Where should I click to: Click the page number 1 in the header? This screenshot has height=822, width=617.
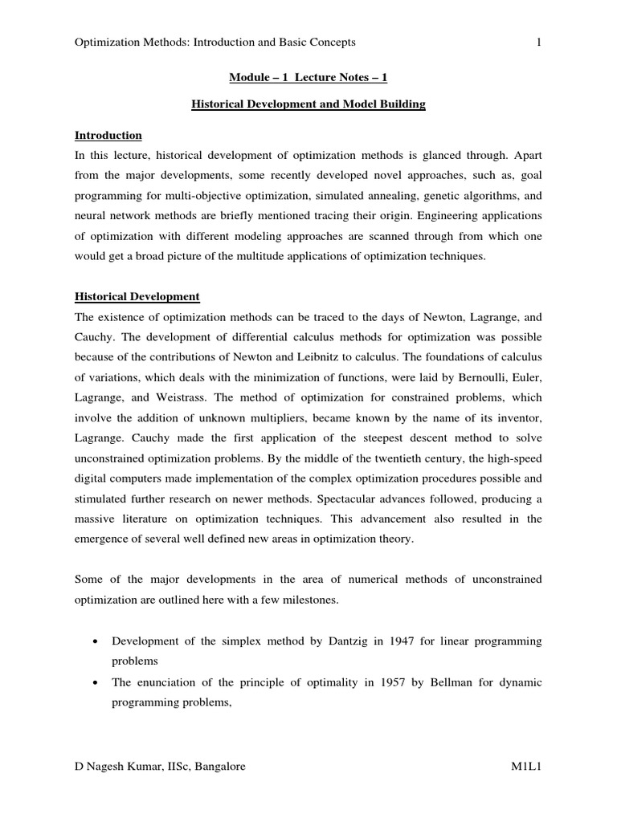click(x=539, y=42)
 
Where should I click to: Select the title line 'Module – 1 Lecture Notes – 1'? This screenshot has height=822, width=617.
click(x=308, y=77)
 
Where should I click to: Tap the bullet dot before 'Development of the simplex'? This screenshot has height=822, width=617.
click(x=96, y=642)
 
